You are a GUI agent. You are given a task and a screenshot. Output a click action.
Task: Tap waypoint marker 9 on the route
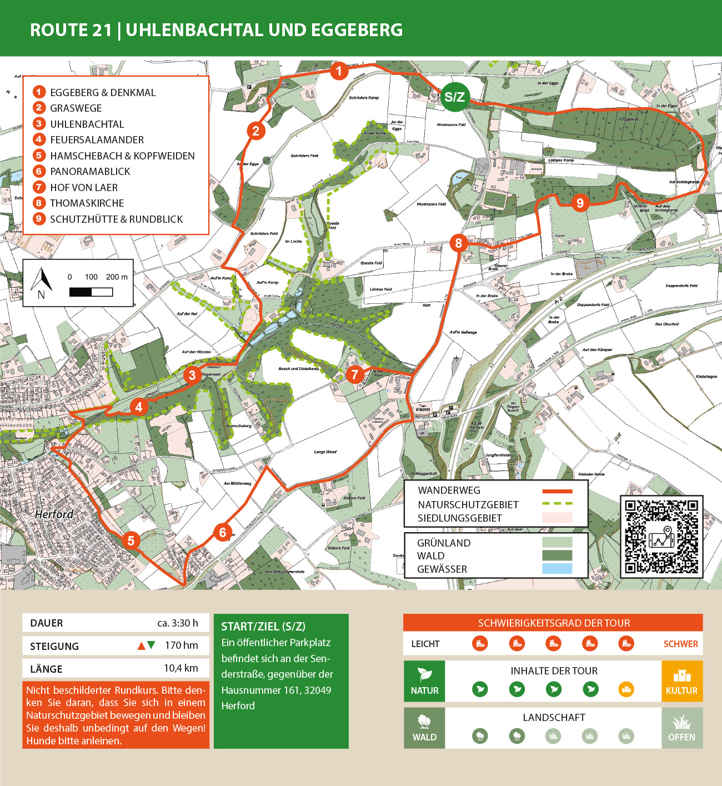580,203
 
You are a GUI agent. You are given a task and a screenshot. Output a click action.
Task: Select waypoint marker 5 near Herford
131,540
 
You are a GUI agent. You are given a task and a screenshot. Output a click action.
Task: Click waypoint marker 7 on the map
355,374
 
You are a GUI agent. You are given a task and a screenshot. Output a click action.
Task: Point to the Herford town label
54,514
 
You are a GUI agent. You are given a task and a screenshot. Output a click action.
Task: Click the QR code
661,537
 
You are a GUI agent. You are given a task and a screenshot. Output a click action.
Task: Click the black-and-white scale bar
91,292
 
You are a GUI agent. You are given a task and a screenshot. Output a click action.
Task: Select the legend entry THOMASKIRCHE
87,203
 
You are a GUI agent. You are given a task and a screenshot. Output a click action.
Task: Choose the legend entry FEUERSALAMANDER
97,140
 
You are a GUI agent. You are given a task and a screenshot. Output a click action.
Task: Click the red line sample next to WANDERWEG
556,491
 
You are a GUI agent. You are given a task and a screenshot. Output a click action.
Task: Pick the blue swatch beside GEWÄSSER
556,569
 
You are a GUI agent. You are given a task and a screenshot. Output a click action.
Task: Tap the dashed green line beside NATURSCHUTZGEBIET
556,504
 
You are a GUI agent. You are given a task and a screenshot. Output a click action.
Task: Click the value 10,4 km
180,668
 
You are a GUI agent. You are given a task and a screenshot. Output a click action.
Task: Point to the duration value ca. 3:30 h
177,623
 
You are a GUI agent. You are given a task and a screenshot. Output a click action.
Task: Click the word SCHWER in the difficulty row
680,644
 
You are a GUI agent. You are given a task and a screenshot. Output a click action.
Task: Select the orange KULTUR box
681,681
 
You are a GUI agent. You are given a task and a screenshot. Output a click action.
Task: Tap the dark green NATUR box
424,681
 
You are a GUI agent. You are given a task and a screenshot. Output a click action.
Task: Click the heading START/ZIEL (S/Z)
263,627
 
